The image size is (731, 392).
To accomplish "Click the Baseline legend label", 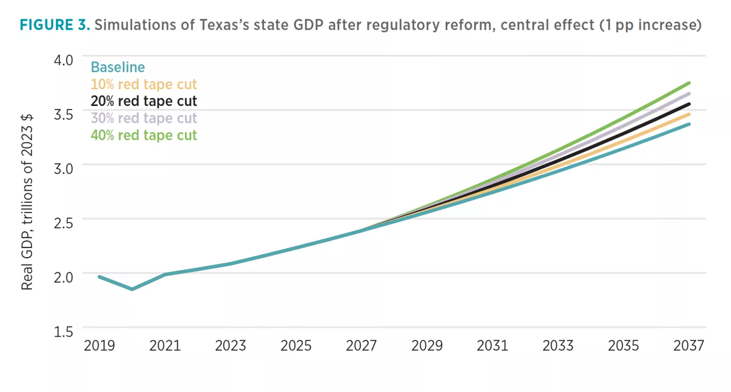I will coord(117,67).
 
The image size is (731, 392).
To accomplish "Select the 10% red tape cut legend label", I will coord(144,84).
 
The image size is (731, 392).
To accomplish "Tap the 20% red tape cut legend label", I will coord(144,101).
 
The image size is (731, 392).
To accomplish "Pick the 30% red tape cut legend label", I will coord(144,118).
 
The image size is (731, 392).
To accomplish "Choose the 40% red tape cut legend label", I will coord(144,135).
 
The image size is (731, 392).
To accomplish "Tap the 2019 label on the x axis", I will coord(99,346).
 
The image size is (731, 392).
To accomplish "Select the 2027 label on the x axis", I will coord(361,346).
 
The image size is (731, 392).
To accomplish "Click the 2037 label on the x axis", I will coord(689,346).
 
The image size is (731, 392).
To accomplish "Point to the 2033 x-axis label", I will coord(558,346).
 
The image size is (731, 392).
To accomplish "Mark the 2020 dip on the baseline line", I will coord(132,289).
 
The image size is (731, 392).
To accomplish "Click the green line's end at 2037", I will coord(689,83).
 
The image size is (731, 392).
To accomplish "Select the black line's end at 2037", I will coord(689,104).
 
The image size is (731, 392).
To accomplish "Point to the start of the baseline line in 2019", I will coord(99,276).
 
